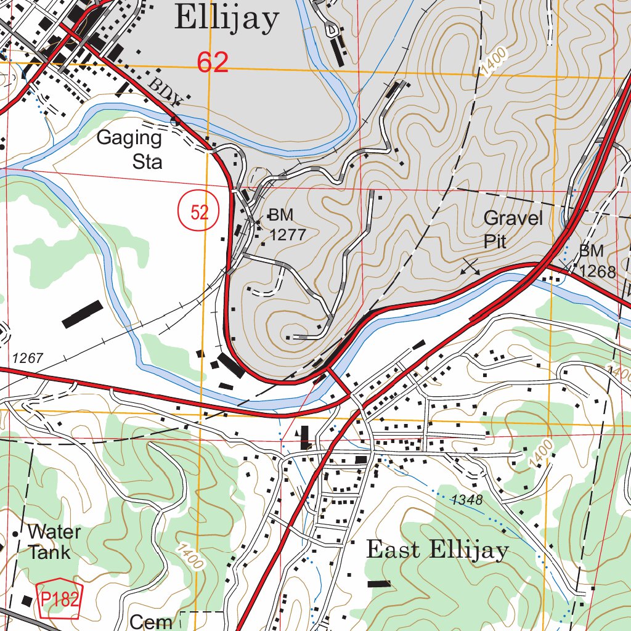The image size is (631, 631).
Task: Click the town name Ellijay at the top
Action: pos(226,18)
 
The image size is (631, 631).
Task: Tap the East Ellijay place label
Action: pos(438,550)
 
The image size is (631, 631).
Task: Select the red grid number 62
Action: pos(213,63)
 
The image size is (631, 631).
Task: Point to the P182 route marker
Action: pos(60,599)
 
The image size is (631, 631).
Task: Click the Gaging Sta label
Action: pos(130,149)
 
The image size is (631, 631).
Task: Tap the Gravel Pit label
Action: pos(513,229)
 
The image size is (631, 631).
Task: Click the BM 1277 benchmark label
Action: pos(286,224)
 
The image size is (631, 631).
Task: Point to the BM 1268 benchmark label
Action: pos(597,261)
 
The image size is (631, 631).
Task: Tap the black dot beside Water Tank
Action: pos(16,533)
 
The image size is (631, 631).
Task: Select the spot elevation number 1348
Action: pos(466,499)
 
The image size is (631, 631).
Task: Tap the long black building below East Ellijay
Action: pos(379,583)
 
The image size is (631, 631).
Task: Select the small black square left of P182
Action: pos(27,600)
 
